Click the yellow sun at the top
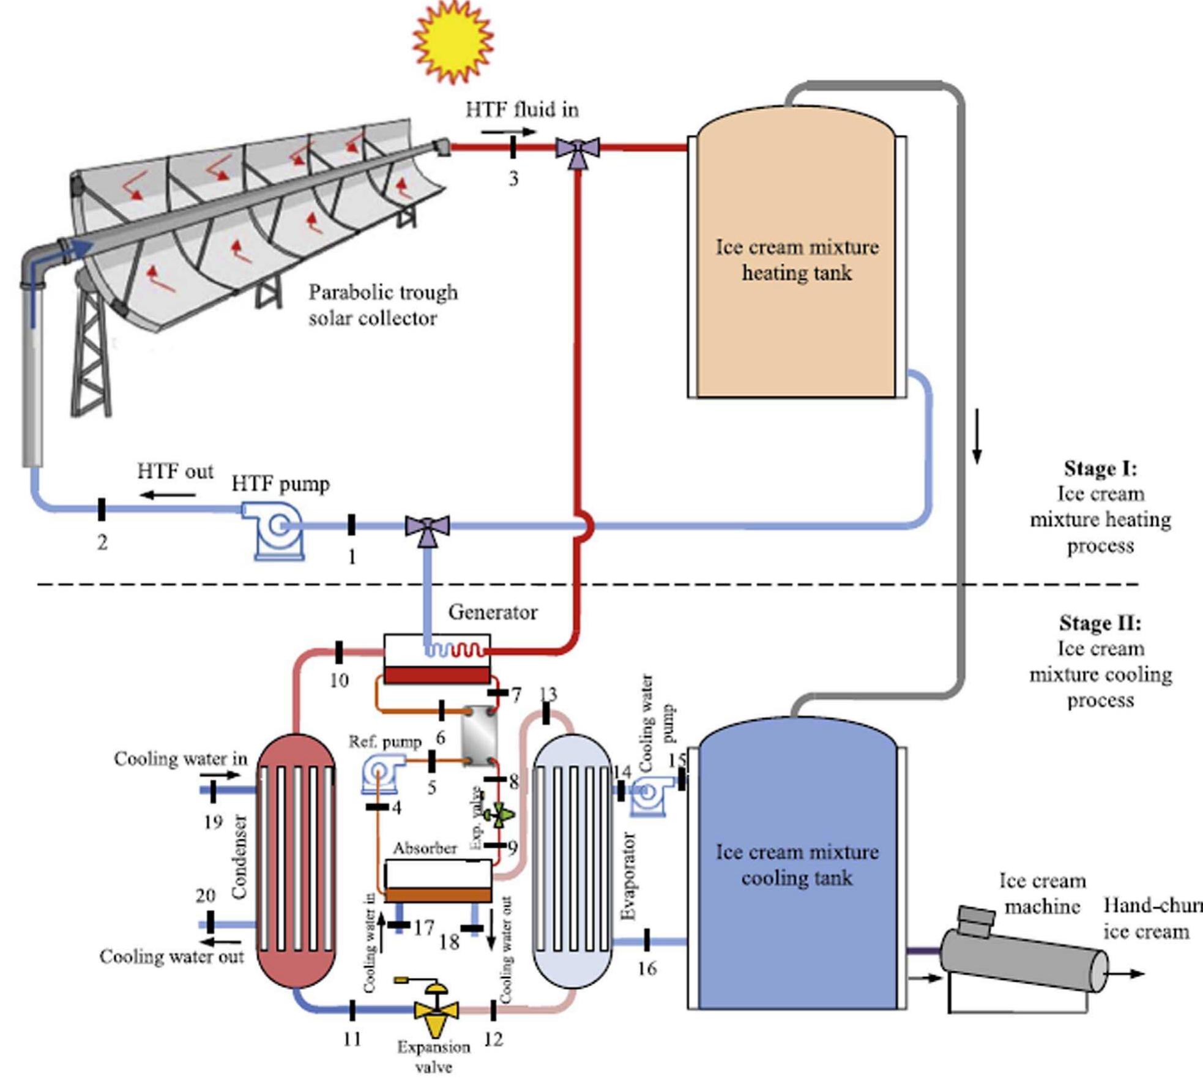click(x=453, y=41)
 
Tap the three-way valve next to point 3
click(x=577, y=149)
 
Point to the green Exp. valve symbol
click(x=499, y=814)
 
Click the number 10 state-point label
click(x=339, y=680)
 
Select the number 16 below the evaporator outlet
click(x=647, y=968)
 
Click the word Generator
click(x=493, y=612)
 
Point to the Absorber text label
click(x=425, y=848)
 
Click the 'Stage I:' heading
click(x=1100, y=468)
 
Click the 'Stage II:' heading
click(x=1100, y=623)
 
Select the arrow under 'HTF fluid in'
click(x=508, y=132)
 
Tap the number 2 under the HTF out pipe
click(x=102, y=542)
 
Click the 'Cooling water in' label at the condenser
click(x=181, y=758)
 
